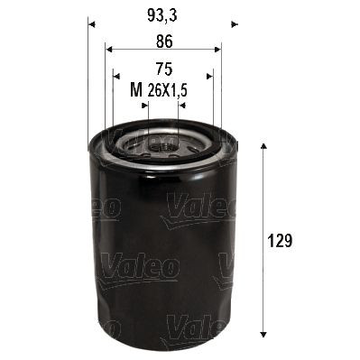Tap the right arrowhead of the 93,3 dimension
tap(233, 23)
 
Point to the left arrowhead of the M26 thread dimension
tap(145, 104)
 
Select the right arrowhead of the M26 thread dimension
tap(181, 104)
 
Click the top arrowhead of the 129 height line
tap(263, 146)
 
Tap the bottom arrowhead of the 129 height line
tap(263, 334)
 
